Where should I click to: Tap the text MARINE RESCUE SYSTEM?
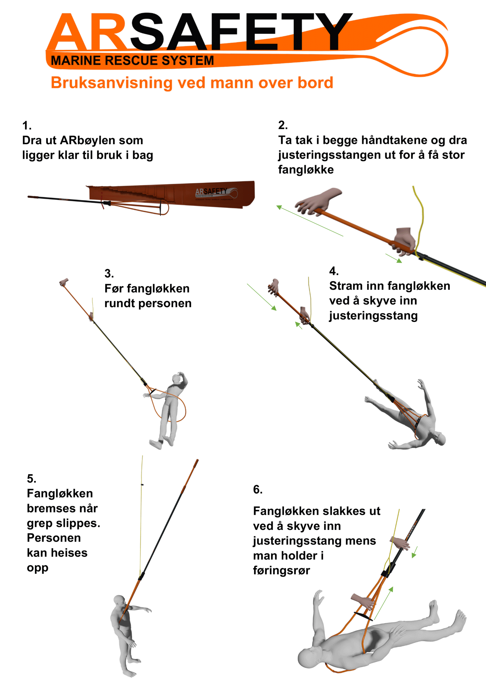133,61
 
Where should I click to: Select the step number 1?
27,125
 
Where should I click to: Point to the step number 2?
283,125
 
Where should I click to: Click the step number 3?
109,273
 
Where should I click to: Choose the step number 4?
334,271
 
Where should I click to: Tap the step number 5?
32,478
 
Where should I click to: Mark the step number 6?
258,490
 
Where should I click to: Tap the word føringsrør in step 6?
282,570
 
